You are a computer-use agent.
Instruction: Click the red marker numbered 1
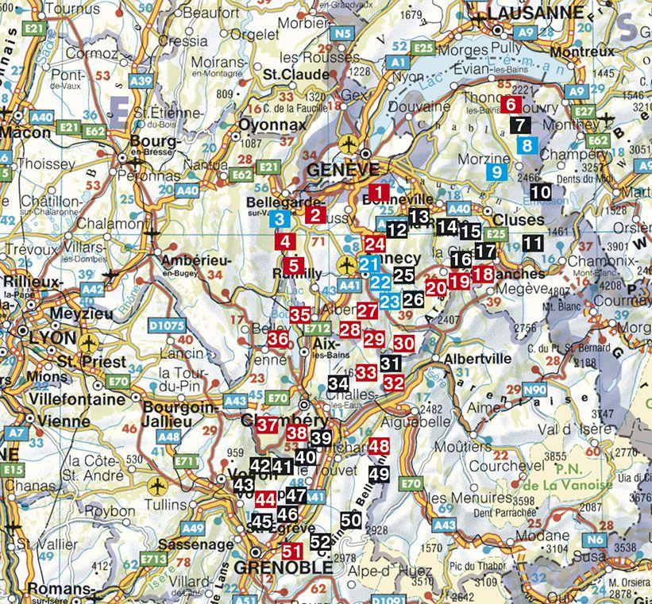point(379,192)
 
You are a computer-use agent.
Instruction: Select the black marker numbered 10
point(540,191)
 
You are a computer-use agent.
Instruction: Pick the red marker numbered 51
point(292,549)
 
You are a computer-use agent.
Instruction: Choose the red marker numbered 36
point(278,339)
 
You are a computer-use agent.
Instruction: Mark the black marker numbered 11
point(533,243)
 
